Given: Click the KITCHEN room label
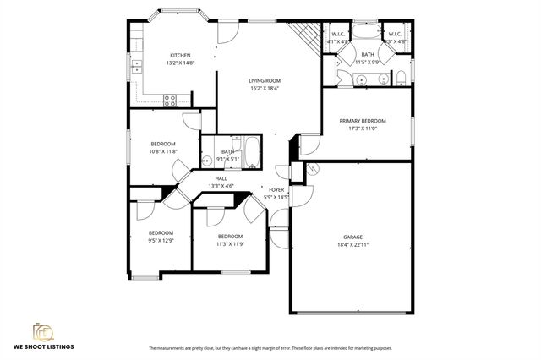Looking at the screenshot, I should click(x=180, y=56).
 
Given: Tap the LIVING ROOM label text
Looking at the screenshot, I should click(x=264, y=81).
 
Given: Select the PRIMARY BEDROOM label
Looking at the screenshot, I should click(x=363, y=121).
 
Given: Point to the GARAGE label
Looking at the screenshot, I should click(x=352, y=237).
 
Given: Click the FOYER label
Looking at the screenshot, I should click(x=276, y=189).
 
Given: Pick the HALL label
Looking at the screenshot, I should click(x=221, y=178).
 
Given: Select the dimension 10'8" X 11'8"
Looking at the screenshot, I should click(x=163, y=151).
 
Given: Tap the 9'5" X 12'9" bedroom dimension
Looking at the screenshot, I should click(x=161, y=241).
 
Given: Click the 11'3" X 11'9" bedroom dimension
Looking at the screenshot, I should click(x=230, y=244).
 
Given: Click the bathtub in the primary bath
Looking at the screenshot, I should click(x=365, y=33).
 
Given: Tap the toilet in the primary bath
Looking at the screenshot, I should click(x=402, y=79).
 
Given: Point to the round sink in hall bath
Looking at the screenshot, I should click(x=207, y=159).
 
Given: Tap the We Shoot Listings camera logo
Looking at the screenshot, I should click(x=42, y=330).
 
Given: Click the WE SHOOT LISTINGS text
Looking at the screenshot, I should click(x=42, y=347).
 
